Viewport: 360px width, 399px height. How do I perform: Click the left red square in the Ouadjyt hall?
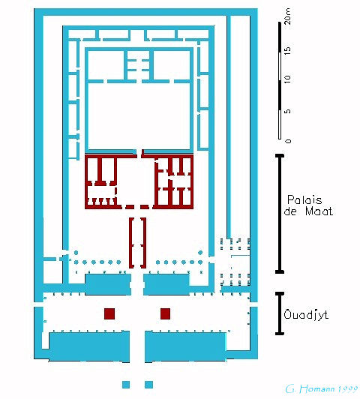tap(109, 313)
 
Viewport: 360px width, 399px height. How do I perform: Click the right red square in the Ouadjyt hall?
tap(165, 313)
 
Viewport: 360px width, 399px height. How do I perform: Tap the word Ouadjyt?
tap(306, 315)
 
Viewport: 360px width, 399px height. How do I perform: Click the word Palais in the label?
tap(304, 199)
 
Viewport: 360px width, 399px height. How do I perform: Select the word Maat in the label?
tap(319, 211)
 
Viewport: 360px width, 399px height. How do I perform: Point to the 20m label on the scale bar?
tap(287, 16)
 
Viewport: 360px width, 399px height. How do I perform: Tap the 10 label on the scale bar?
tap(287, 79)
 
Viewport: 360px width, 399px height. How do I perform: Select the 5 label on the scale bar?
tap(287, 111)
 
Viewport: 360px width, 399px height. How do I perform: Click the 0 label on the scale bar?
tap(288, 141)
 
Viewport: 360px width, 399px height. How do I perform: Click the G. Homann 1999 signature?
tap(321, 389)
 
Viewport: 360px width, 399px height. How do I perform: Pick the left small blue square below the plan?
tap(126, 385)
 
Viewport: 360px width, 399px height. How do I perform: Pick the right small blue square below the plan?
tap(148, 385)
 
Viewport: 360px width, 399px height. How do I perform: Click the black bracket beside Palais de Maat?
tap(280, 214)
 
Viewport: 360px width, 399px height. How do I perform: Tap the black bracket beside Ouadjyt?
tap(280, 313)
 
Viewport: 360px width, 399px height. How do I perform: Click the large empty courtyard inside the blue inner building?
tap(139, 116)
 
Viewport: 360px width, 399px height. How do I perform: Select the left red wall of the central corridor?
tap(131, 243)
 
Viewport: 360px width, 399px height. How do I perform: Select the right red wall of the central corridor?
tap(144, 243)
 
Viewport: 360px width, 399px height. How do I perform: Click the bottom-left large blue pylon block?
tap(89, 346)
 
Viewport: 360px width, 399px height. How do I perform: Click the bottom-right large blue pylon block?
tap(185, 346)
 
